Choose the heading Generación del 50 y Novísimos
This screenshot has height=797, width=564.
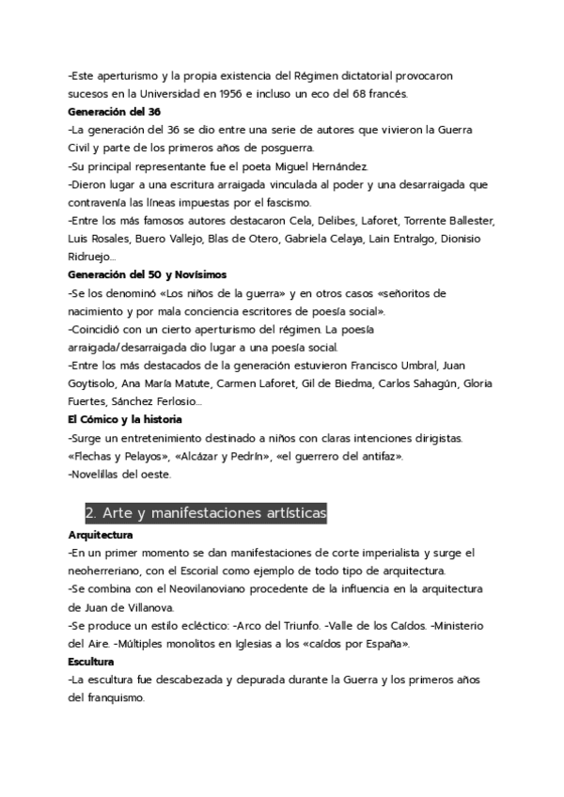(147, 274)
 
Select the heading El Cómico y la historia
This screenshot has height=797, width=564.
(125, 418)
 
